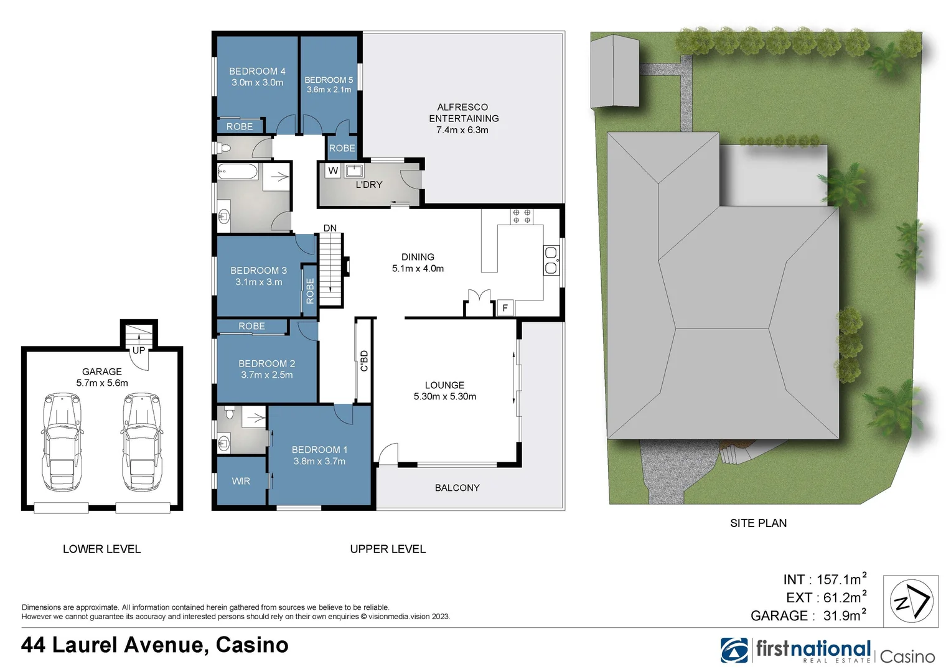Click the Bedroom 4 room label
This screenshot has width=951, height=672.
tap(257, 72)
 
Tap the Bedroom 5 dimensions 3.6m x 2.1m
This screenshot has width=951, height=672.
tap(329, 90)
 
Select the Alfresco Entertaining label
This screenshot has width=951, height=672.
tap(463, 113)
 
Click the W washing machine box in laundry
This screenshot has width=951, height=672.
tap(333, 170)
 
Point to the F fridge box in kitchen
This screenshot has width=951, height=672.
tap(505, 308)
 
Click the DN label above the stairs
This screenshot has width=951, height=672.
tap(330, 228)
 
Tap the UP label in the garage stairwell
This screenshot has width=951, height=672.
tap(139, 350)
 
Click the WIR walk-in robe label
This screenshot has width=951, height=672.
tap(241, 481)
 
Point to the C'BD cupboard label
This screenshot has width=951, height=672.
tap(364, 361)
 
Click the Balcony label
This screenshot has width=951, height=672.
tap(457, 488)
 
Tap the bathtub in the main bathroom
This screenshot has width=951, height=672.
tap(237, 171)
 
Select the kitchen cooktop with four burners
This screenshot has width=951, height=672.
tap(522, 216)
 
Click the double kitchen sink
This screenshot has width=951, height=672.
tap(551, 260)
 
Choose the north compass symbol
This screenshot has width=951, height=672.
tap(912, 601)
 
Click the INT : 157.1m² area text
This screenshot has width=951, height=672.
tap(825, 579)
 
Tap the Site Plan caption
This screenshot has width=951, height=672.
tap(758, 523)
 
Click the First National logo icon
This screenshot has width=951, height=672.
tap(734, 650)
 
